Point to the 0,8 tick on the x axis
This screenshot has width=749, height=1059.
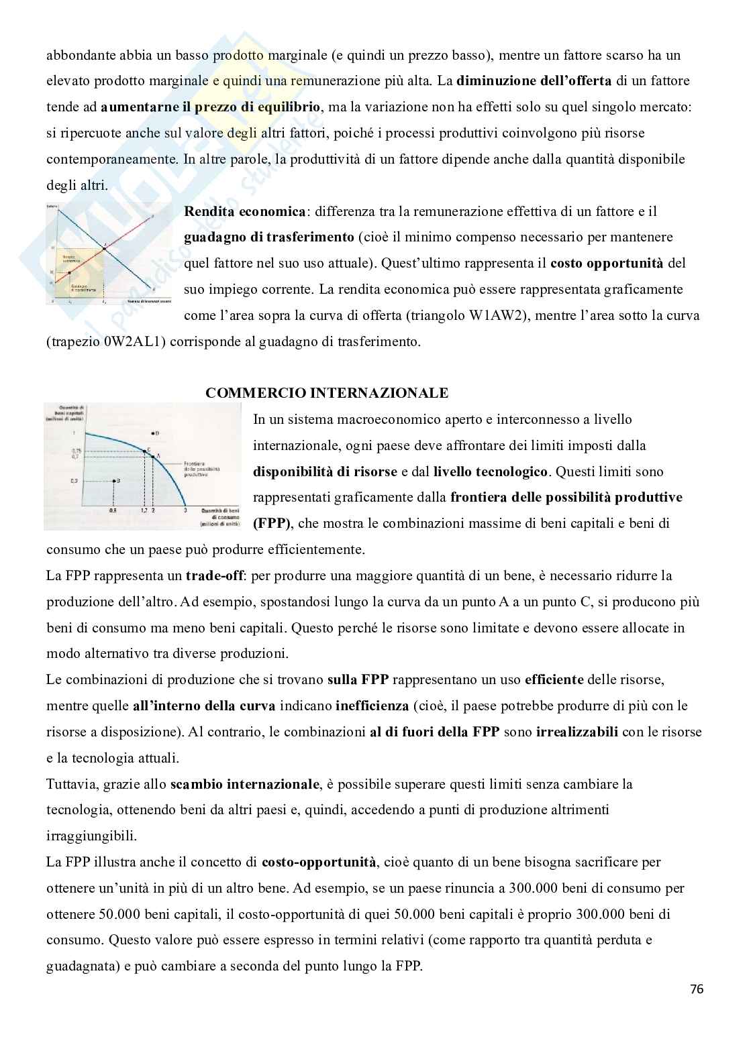pos(112,510)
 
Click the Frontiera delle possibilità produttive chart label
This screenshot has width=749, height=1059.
pos(201,472)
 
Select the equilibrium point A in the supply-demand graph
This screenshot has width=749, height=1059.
pos(104,249)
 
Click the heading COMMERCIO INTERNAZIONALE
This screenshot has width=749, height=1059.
pos(327,393)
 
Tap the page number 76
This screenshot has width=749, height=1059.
pos(696,989)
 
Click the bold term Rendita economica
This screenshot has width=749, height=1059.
pos(244,211)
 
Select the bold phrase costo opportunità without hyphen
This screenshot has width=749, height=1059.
pos(606,264)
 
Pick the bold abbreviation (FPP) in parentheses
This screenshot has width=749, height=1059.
pos(272,523)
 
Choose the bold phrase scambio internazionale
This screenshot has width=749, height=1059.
pos(244,784)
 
